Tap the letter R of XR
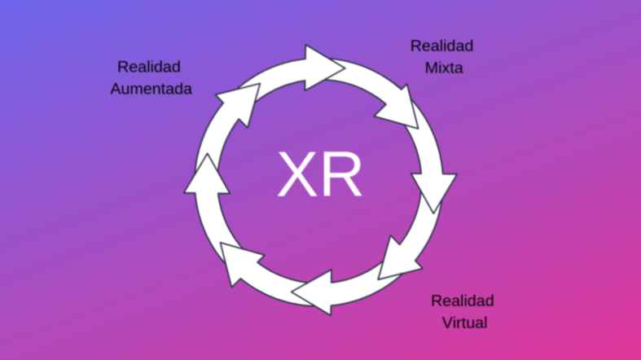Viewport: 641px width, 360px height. (343, 174)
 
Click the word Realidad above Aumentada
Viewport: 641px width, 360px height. (148, 66)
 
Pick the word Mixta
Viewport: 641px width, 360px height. (443, 68)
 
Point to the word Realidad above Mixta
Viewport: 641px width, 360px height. (441, 46)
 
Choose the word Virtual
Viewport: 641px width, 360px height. (464, 323)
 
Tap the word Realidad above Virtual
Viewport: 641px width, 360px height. (462, 301)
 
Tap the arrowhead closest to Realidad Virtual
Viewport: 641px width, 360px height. (398, 260)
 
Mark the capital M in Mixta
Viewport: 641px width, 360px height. (431, 68)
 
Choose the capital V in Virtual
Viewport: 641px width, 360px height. (448, 323)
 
